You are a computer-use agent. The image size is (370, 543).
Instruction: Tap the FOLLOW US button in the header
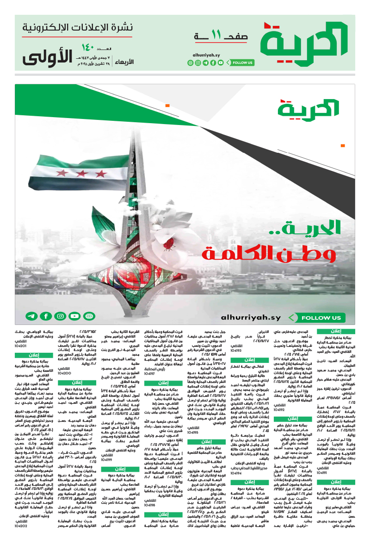pos(241,62)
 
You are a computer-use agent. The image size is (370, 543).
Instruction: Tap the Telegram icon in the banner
pos(31,317)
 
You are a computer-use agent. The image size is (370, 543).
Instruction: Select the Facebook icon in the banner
pos(46,317)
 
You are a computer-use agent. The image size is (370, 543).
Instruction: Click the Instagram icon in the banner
pos(60,317)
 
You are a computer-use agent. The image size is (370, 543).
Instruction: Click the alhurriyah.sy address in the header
pos(207,55)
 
